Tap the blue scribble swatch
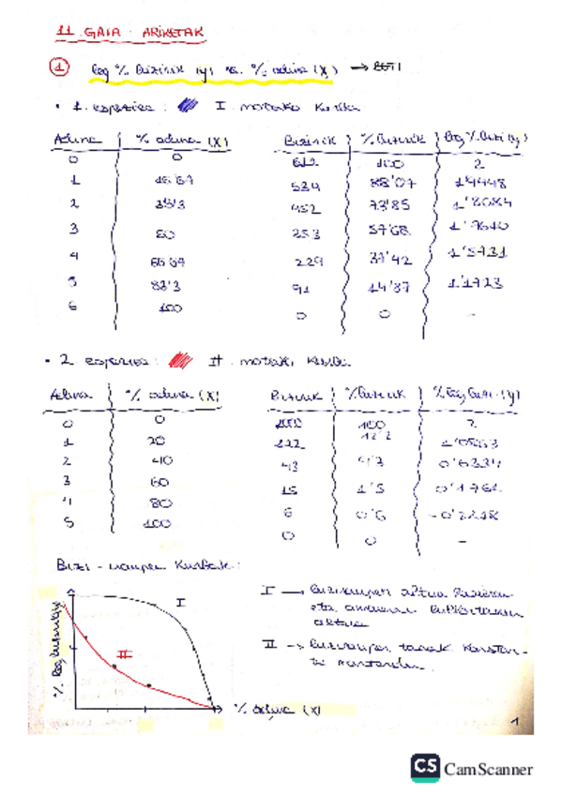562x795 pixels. [189, 106]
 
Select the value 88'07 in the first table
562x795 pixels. [385, 182]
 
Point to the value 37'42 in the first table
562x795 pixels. [384, 257]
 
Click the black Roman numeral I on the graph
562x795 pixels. [181, 599]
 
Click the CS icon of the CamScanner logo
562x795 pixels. [425, 768]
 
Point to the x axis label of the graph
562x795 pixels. [277, 710]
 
